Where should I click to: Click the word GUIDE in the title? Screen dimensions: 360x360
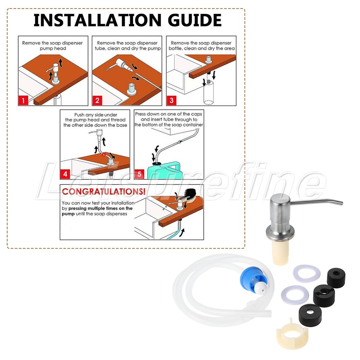click(195, 20)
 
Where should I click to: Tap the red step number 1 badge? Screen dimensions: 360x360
click(23, 100)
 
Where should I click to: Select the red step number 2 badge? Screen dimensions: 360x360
click(97, 100)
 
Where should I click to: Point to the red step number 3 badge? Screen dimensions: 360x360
click(171, 100)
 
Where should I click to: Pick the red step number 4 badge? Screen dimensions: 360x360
click(65, 174)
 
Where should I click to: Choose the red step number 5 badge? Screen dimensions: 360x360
click(139, 174)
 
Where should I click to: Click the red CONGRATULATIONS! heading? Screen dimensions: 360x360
click(104, 192)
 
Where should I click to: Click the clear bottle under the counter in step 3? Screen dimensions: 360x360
click(209, 92)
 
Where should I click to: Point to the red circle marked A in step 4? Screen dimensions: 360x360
click(104, 155)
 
